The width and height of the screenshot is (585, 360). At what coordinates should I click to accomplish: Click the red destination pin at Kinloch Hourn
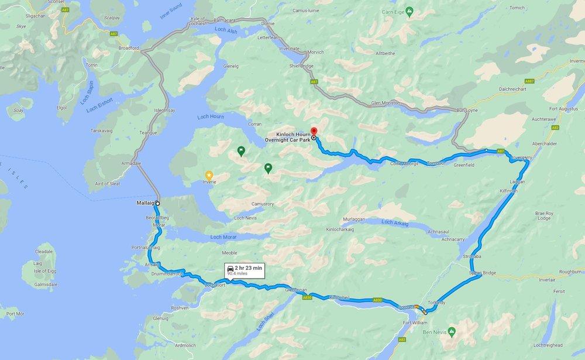pos(313,131)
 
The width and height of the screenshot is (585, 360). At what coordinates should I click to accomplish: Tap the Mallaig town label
pos(144,203)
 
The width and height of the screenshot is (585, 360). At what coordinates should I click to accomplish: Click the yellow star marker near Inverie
pos(209,174)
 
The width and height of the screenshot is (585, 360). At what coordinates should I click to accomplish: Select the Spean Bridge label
pos(482,273)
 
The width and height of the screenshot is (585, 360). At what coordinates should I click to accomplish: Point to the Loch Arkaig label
pos(395,222)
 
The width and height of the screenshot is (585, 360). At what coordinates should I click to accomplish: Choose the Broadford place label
pos(129,47)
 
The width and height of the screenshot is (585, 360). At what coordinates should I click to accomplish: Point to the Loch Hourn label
pos(211,117)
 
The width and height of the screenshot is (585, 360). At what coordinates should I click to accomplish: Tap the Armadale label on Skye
pos(130,163)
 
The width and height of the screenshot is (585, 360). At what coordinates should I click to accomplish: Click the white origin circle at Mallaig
pos(158,203)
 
